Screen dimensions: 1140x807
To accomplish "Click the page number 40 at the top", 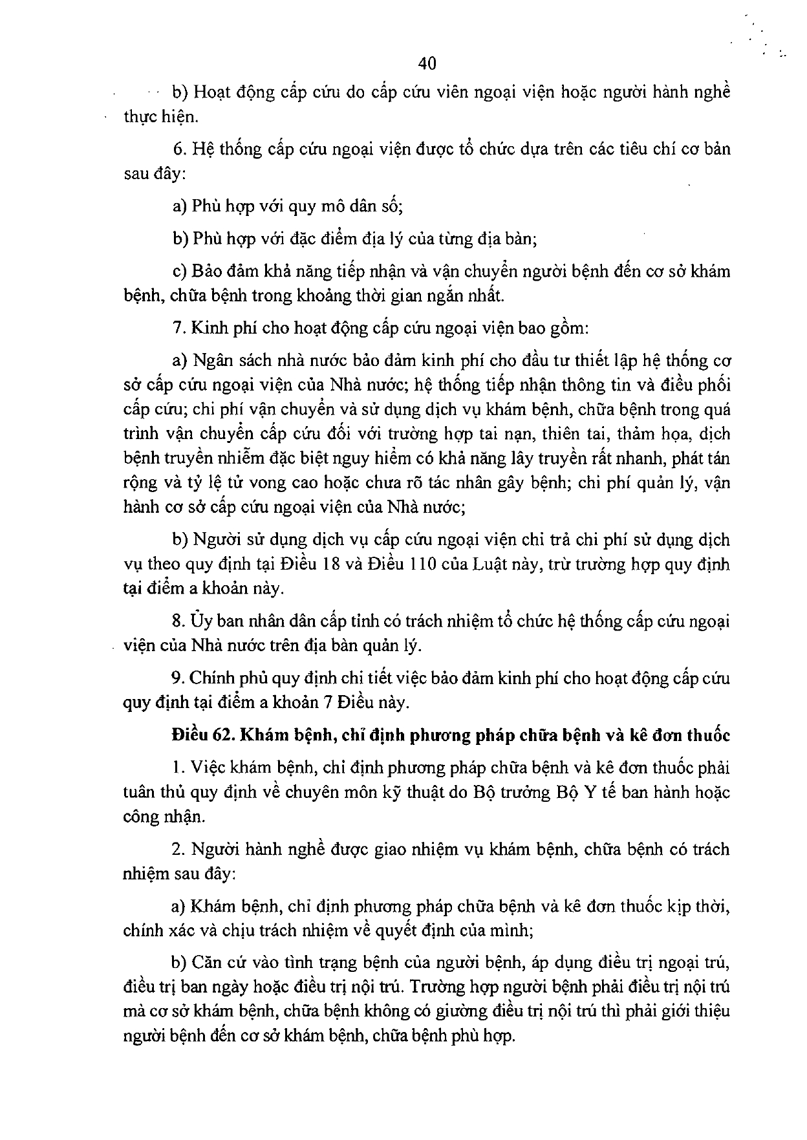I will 427,63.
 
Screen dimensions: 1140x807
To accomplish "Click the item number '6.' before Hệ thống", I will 179,149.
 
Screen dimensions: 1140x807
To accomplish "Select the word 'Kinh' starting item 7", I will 207,328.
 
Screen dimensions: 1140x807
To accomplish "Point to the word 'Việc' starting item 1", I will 206,768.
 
